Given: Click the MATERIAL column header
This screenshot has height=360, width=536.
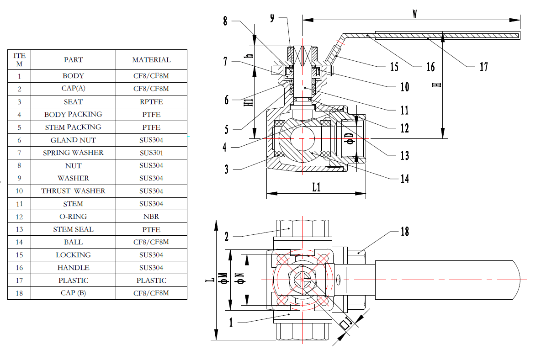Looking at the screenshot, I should [151, 60].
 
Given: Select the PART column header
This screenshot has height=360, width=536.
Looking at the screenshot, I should [73, 60].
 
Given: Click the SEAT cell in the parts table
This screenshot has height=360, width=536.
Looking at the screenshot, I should [73, 102].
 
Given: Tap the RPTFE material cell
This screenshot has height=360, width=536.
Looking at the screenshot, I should [151, 102].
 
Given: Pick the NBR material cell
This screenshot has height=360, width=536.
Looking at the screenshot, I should [151, 217].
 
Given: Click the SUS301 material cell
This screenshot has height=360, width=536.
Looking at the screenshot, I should [151, 153].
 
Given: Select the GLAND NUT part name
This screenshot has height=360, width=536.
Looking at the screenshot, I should [73, 140].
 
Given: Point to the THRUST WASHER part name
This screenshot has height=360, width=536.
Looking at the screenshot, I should [73, 191].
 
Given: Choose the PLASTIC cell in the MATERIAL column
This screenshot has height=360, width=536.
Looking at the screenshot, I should [151, 281].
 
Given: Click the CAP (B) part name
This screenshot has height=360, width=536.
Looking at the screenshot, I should [73, 293].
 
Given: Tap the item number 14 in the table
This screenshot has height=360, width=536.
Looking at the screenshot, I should [19, 242].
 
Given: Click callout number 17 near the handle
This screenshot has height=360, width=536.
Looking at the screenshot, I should [483, 68].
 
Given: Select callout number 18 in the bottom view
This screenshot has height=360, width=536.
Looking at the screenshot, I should [404, 232].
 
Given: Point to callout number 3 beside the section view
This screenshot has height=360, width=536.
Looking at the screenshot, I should [226, 170].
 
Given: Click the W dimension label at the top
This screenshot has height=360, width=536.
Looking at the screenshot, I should [414, 14].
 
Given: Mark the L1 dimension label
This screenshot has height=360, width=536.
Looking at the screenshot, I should [316, 187].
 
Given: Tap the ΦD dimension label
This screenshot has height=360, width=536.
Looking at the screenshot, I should [350, 138].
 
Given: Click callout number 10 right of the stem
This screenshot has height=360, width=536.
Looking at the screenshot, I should [404, 87].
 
